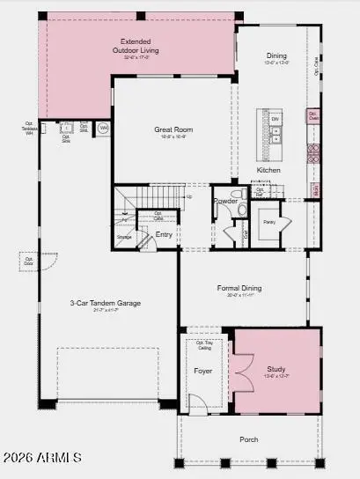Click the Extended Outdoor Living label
[136, 47]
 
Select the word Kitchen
[268, 169]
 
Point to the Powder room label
[225, 200]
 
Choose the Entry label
[164, 234]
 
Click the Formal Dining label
[240, 288]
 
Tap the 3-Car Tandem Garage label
[106, 303]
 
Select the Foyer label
[203, 371]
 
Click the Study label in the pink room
[276, 369]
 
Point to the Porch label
[250, 438]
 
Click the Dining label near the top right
[276, 56]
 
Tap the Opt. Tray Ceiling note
[204, 345]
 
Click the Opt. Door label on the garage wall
[26, 261]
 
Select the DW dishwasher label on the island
[275, 119]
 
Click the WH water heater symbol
[103, 128]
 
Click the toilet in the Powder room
[235, 195]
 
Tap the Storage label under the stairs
[124, 236]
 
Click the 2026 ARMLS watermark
[41, 457]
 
